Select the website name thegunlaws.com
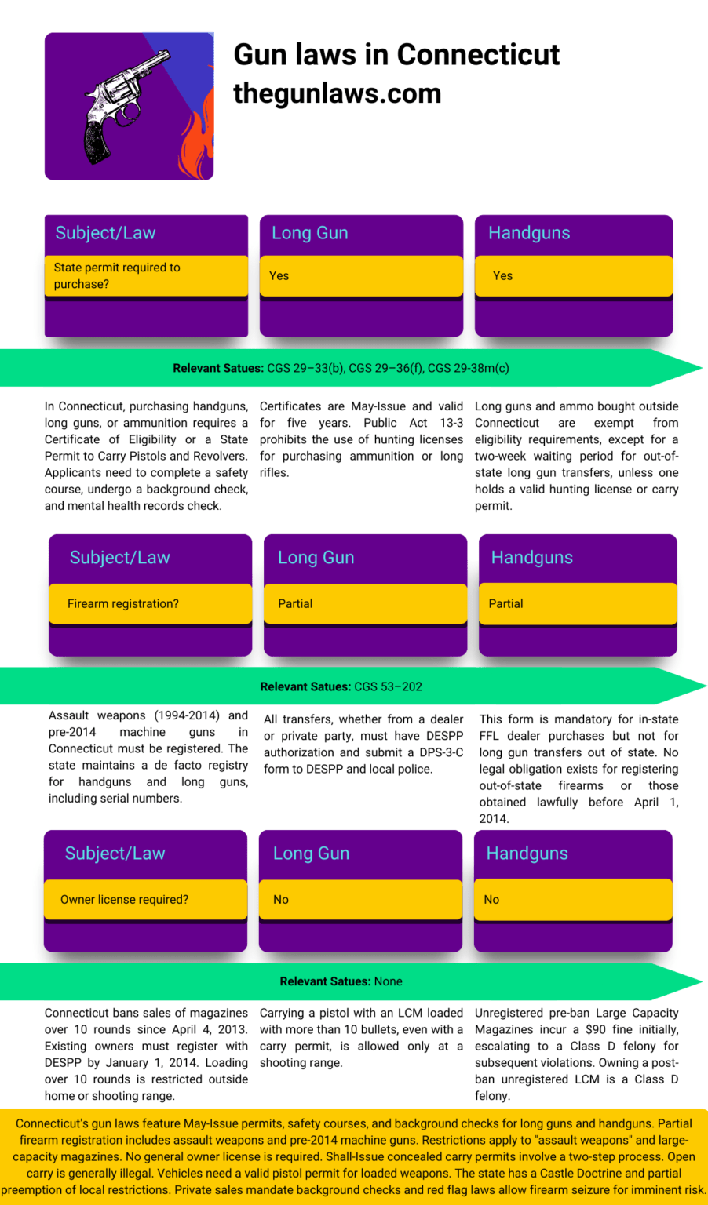(338, 93)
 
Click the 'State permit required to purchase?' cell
(146, 275)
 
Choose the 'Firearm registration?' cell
(149, 603)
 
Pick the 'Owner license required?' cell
(145, 899)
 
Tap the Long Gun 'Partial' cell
(364, 603)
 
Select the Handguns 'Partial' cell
(577, 603)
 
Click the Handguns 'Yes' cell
(573, 275)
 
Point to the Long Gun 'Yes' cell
(361, 275)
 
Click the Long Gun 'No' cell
(359, 899)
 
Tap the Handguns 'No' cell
(573, 899)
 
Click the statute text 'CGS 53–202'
(388, 686)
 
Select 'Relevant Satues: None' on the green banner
(341, 981)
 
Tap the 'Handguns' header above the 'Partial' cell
(532, 557)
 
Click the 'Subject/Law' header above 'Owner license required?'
(115, 854)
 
